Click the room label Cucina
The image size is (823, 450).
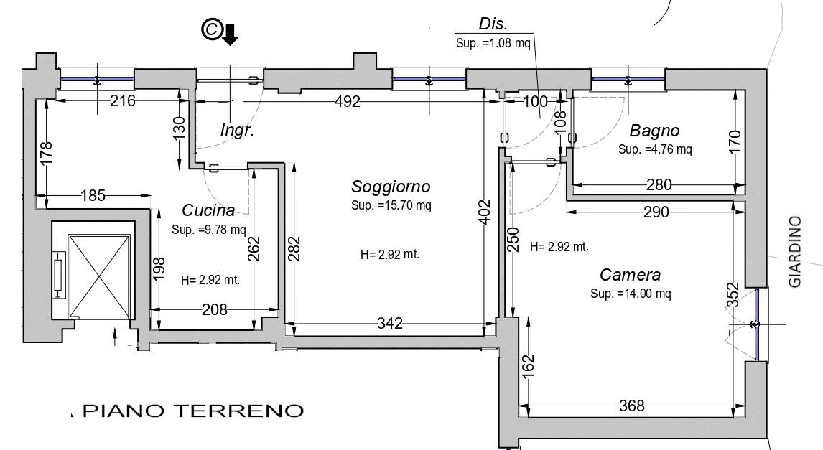pos(208,210)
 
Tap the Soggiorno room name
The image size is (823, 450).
pos(391,187)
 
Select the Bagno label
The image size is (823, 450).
pos(654,131)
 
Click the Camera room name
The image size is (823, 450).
pos(630,275)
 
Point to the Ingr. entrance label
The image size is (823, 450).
pos(237,131)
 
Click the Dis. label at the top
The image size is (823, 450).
pos(493,24)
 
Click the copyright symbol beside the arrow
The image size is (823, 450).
pos(210,30)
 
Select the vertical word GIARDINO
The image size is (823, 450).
pos(795,252)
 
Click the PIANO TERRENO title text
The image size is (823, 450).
pos(194,411)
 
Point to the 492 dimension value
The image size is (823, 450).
pos(348,101)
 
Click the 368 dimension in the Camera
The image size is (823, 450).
pos(631,406)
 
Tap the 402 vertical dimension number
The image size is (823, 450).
pos(484,211)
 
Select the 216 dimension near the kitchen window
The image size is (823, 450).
pos(122,100)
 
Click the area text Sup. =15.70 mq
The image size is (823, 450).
pos(391,205)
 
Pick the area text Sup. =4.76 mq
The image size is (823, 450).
pos(655,149)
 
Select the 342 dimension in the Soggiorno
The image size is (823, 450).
pos(390,324)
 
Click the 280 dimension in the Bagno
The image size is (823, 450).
pos(659,185)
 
